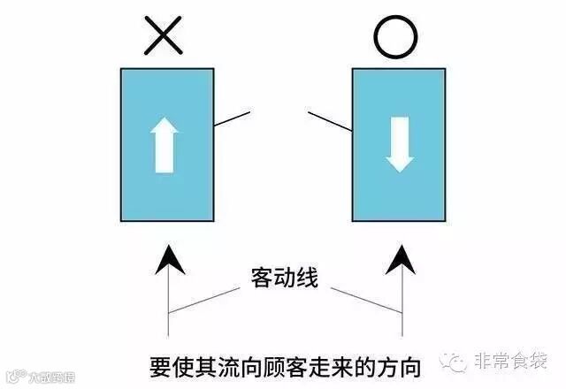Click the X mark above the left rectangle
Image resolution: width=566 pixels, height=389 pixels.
coord(166,37)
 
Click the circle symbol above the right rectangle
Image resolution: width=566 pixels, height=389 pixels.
coord(394,37)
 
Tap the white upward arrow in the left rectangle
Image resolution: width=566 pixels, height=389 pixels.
coord(164,145)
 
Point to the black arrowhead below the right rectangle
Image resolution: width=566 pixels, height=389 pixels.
coord(400,259)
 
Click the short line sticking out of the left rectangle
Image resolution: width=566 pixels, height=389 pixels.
coord(232,118)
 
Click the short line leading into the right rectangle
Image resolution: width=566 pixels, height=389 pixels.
coord(329,123)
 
